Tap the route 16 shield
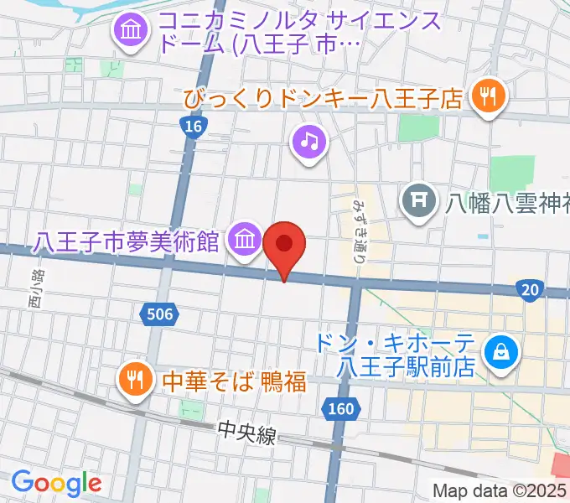(194, 126)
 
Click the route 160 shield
(340, 410)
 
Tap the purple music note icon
(308, 141)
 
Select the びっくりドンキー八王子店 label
(324, 101)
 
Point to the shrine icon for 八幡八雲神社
(417, 200)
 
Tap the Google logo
(56, 482)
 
